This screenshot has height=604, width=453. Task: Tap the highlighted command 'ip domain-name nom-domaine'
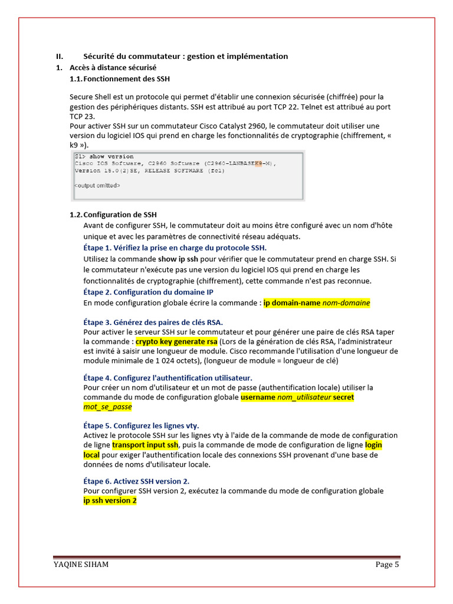[x=317, y=303]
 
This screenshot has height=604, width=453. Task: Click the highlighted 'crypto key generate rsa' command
[x=176, y=342]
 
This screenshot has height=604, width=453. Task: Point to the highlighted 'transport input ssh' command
[x=145, y=445]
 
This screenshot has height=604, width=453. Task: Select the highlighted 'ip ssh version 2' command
[x=110, y=501]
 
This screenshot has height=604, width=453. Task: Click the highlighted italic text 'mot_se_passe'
[x=107, y=407]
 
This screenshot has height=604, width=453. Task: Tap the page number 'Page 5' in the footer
[x=388, y=564]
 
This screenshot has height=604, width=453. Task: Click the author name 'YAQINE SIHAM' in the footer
[x=81, y=564]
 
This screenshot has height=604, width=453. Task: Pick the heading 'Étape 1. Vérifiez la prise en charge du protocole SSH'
[x=175, y=247]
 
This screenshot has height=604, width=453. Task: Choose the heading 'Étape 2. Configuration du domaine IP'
[x=148, y=292]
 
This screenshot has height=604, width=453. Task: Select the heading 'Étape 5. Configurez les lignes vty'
[x=141, y=425]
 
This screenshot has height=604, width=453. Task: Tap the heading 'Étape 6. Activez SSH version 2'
[x=136, y=481]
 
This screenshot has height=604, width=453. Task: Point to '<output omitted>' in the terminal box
[x=97, y=186]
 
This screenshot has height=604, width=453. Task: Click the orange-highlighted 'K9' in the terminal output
[x=258, y=163]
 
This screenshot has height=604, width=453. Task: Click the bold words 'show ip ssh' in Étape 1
[x=178, y=259]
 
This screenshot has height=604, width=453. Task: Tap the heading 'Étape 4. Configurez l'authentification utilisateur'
[x=168, y=377]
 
